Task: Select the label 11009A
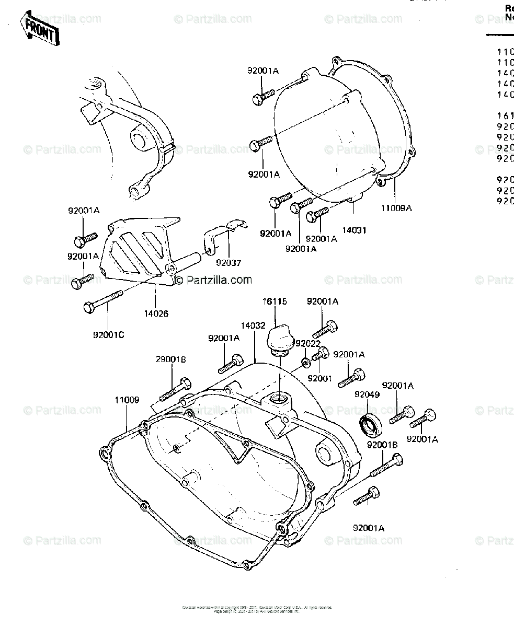pos(395,208)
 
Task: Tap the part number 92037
pos(230,263)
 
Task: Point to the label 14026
pos(156,313)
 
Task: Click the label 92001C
pos(108,335)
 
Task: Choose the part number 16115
pos(275,302)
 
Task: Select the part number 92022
pos(307,343)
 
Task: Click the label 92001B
pos(383,445)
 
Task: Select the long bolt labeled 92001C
pos(103,301)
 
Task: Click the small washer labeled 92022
pos(305,362)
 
